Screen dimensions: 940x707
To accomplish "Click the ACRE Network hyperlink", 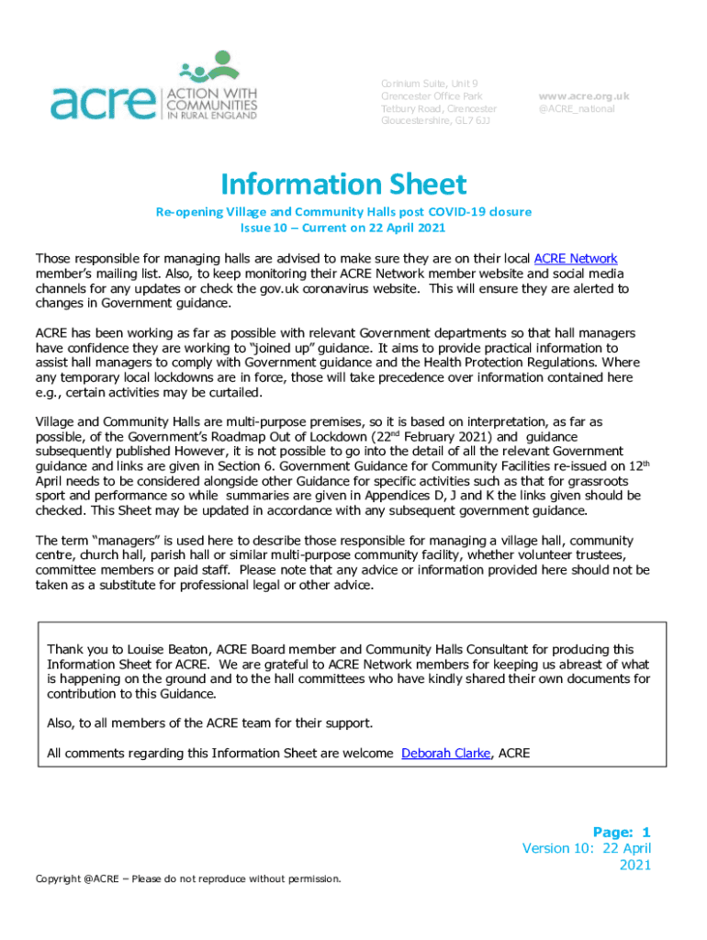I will pyautogui.click(x=576, y=258).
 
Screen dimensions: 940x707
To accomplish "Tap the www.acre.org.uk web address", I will pyautogui.click(x=583, y=95).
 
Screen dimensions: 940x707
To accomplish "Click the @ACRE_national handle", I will pyautogui.click(x=577, y=108).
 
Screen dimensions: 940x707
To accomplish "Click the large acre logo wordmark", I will pyautogui.click(x=103, y=104).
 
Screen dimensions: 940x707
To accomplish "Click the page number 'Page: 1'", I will pyautogui.click(x=621, y=832).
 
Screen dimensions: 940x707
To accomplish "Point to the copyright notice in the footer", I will pyautogui.click(x=188, y=878).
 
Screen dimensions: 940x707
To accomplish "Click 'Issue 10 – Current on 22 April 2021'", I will pyautogui.click(x=343, y=227).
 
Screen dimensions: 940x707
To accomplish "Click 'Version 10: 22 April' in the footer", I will pyautogui.click(x=587, y=848).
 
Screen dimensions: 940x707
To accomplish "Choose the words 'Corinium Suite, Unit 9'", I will pyautogui.click(x=428, y=84).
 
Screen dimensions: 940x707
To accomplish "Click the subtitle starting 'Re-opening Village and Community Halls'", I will pyautogui.click(x=343, y=212).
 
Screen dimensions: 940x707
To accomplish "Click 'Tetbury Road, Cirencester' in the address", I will pyautogui.click(x=439, y=108).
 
